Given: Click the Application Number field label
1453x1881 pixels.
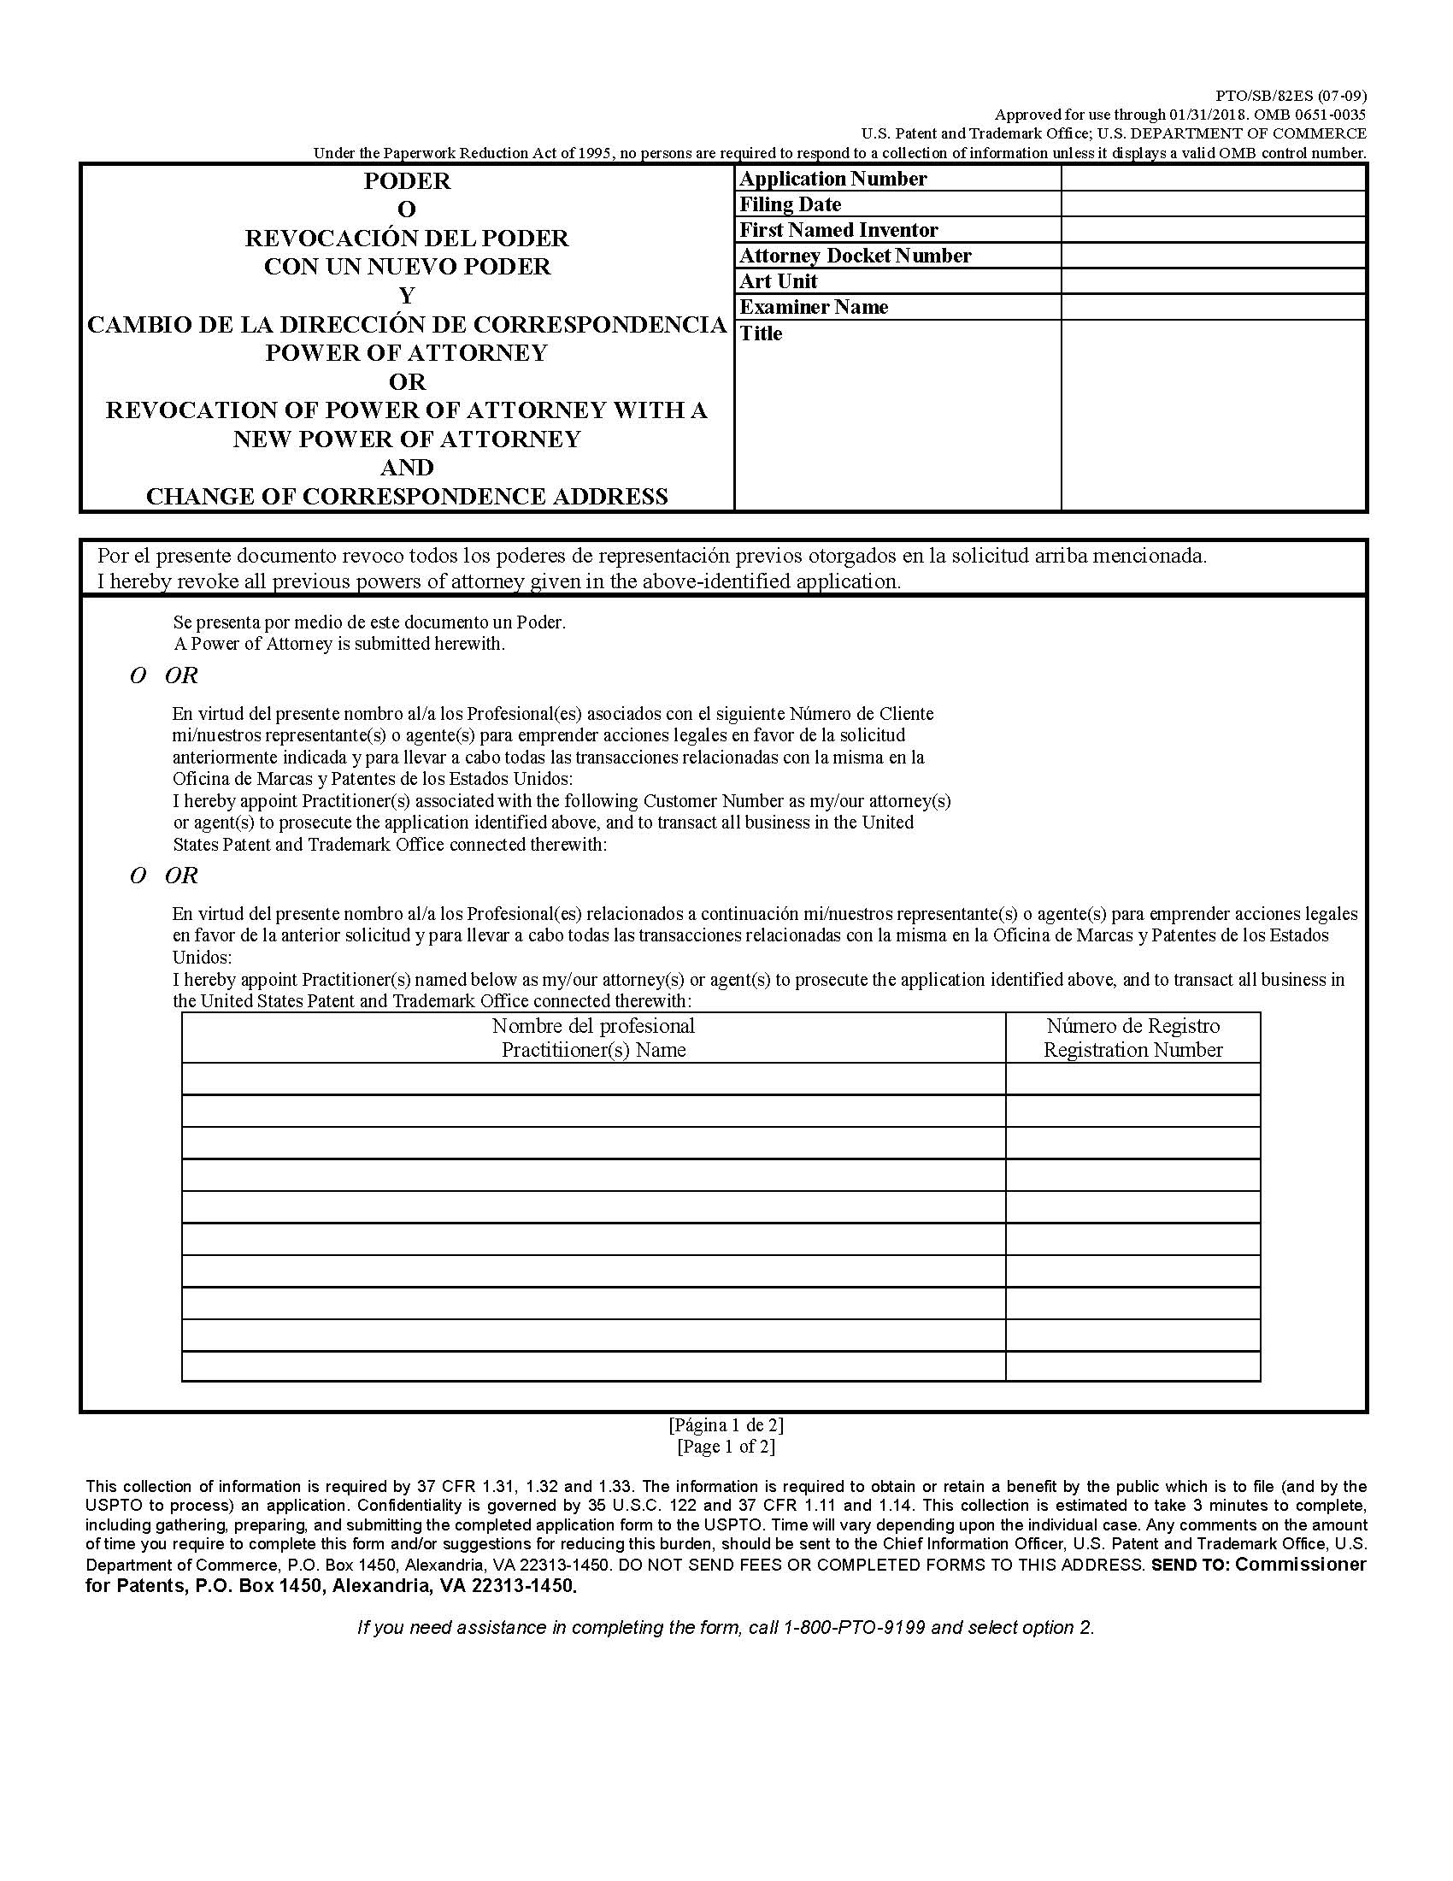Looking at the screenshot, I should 832,180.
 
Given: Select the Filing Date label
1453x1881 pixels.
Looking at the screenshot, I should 790,205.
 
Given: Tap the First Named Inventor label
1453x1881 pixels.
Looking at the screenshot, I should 838,230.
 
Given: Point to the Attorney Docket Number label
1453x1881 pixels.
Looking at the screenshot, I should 855,256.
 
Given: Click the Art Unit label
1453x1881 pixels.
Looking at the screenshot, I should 778,281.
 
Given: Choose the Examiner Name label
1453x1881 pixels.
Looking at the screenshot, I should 814,308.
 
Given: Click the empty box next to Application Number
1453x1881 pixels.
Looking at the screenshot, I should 1213,179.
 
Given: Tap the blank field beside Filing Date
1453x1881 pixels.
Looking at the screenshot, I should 1213,204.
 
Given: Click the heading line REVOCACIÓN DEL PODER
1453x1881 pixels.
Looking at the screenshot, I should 406,238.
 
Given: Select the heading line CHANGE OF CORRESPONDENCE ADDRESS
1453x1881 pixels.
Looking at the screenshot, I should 406,497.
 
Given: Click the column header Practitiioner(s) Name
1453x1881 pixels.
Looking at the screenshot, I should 593,1050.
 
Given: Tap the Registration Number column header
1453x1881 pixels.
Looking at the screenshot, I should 1132,1050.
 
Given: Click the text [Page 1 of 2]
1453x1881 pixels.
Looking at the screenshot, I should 726,1446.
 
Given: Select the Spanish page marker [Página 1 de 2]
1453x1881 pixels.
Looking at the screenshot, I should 726,1424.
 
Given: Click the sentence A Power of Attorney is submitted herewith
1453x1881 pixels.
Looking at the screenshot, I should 339,643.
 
